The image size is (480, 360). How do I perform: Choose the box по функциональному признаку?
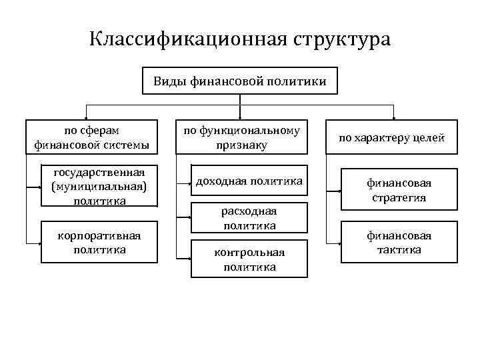pos(241,137)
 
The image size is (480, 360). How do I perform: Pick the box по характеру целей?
pos(391,139)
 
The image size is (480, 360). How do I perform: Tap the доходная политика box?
pos(241,181)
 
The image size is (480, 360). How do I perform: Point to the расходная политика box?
pos(241,218)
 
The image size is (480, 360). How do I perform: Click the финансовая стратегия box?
pos(400,190)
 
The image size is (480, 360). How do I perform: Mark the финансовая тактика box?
pos(400,243)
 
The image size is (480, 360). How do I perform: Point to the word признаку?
pos(241,144)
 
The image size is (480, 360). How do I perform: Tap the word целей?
pos(429,139)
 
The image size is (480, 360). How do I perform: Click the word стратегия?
pos(400,197)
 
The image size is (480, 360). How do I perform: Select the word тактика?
pos(400,249)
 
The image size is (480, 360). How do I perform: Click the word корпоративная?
pos(99,237)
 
